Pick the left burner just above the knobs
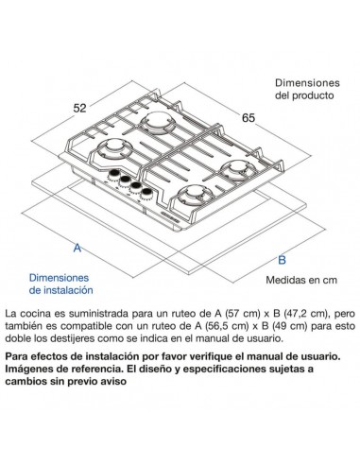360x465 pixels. coord(114,151)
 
